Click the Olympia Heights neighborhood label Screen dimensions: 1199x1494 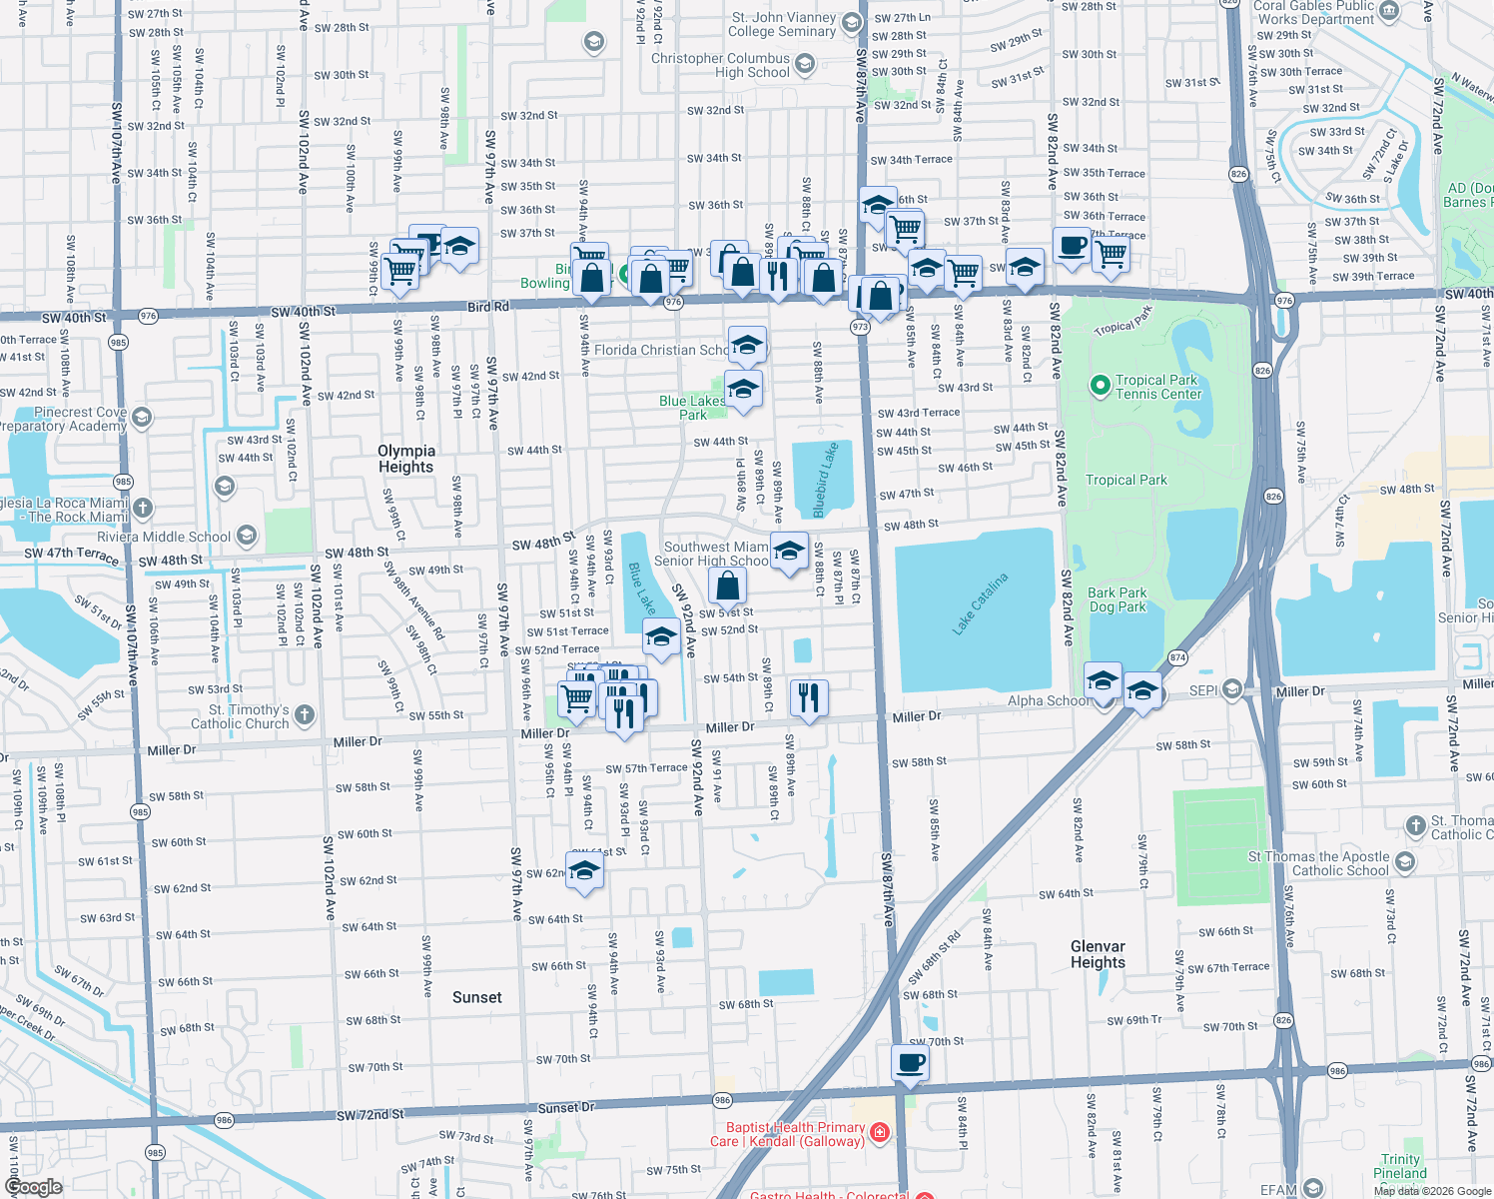pyautogui.click(x=405, y=459)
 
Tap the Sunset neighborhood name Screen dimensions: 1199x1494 pyautogui.click(x=476, y=997)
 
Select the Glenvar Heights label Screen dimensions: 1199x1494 pyautogui.click(x=1098, y=954)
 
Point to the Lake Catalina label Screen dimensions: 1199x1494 pyautogui.click(x=980, y=603)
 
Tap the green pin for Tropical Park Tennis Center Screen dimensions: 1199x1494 pyautogui.click(x=1100, y=386)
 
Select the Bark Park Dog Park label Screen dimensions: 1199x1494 pyautogui.click(x=1118, y=599)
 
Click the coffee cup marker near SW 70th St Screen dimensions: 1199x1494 pyautogui.click(x=909, y=1063)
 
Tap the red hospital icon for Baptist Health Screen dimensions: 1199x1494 pyautogui.click(x=879, y=1132)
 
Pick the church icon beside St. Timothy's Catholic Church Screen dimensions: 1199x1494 pyautogui.click(x=305, y=715)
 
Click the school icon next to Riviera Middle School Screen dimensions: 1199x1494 pyautogui.click(x=247, y=537)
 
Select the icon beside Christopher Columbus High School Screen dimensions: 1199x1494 pyautogui.click(x=805, y=65)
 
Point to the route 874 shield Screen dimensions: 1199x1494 pyautogui.click(x=1177, y=657)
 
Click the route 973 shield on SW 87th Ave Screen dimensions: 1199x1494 pyautogui.click(x=860, y=327)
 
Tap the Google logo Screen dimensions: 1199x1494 pyautogui.click(x=32, y=1187)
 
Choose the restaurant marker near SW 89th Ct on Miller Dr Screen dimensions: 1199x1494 pyautogui.click(x=809, y=696)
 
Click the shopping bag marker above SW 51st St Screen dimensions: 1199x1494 pyautogui.click(x=728, y=586)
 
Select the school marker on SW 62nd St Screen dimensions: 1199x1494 pyautogui.click(x=584, y=870)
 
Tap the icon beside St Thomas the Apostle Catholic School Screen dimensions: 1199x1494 pyautogui.click(x=1405, y=862)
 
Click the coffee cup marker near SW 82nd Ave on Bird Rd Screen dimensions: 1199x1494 pyautogui.click(x=1072, y=246)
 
